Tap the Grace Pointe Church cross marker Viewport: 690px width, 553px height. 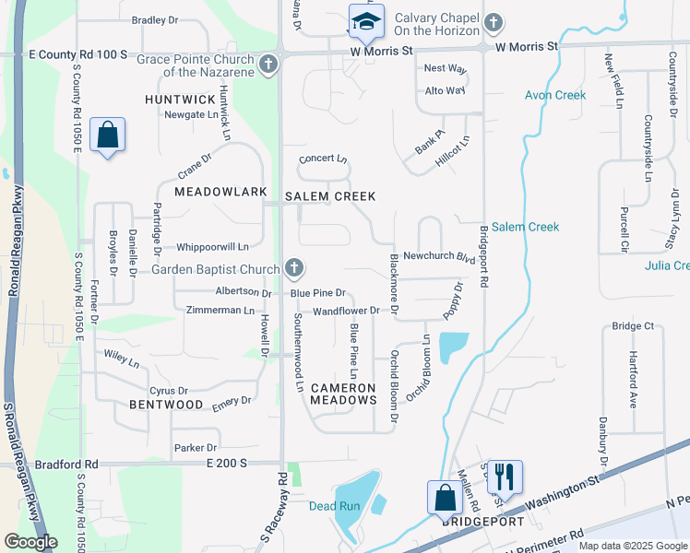point(268,65)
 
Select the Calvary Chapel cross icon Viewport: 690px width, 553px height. point(494,22)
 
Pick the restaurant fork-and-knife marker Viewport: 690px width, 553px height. point(505,477)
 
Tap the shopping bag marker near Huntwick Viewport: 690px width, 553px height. point(108,135)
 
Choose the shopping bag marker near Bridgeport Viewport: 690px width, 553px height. point(445,498)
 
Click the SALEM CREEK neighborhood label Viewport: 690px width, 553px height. point(330,196)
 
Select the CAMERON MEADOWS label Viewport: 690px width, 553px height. point(343,394)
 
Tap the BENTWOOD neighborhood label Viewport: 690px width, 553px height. point(166,405)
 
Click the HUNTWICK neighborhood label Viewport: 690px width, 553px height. point(179,99)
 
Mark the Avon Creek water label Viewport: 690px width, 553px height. point(555,95)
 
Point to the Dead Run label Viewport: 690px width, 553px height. point(334,506)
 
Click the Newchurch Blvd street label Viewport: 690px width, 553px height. point(439,257)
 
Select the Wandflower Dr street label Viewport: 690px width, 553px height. point(346,311)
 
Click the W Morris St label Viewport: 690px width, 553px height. point(527,45)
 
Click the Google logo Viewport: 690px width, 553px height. point(30,542)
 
